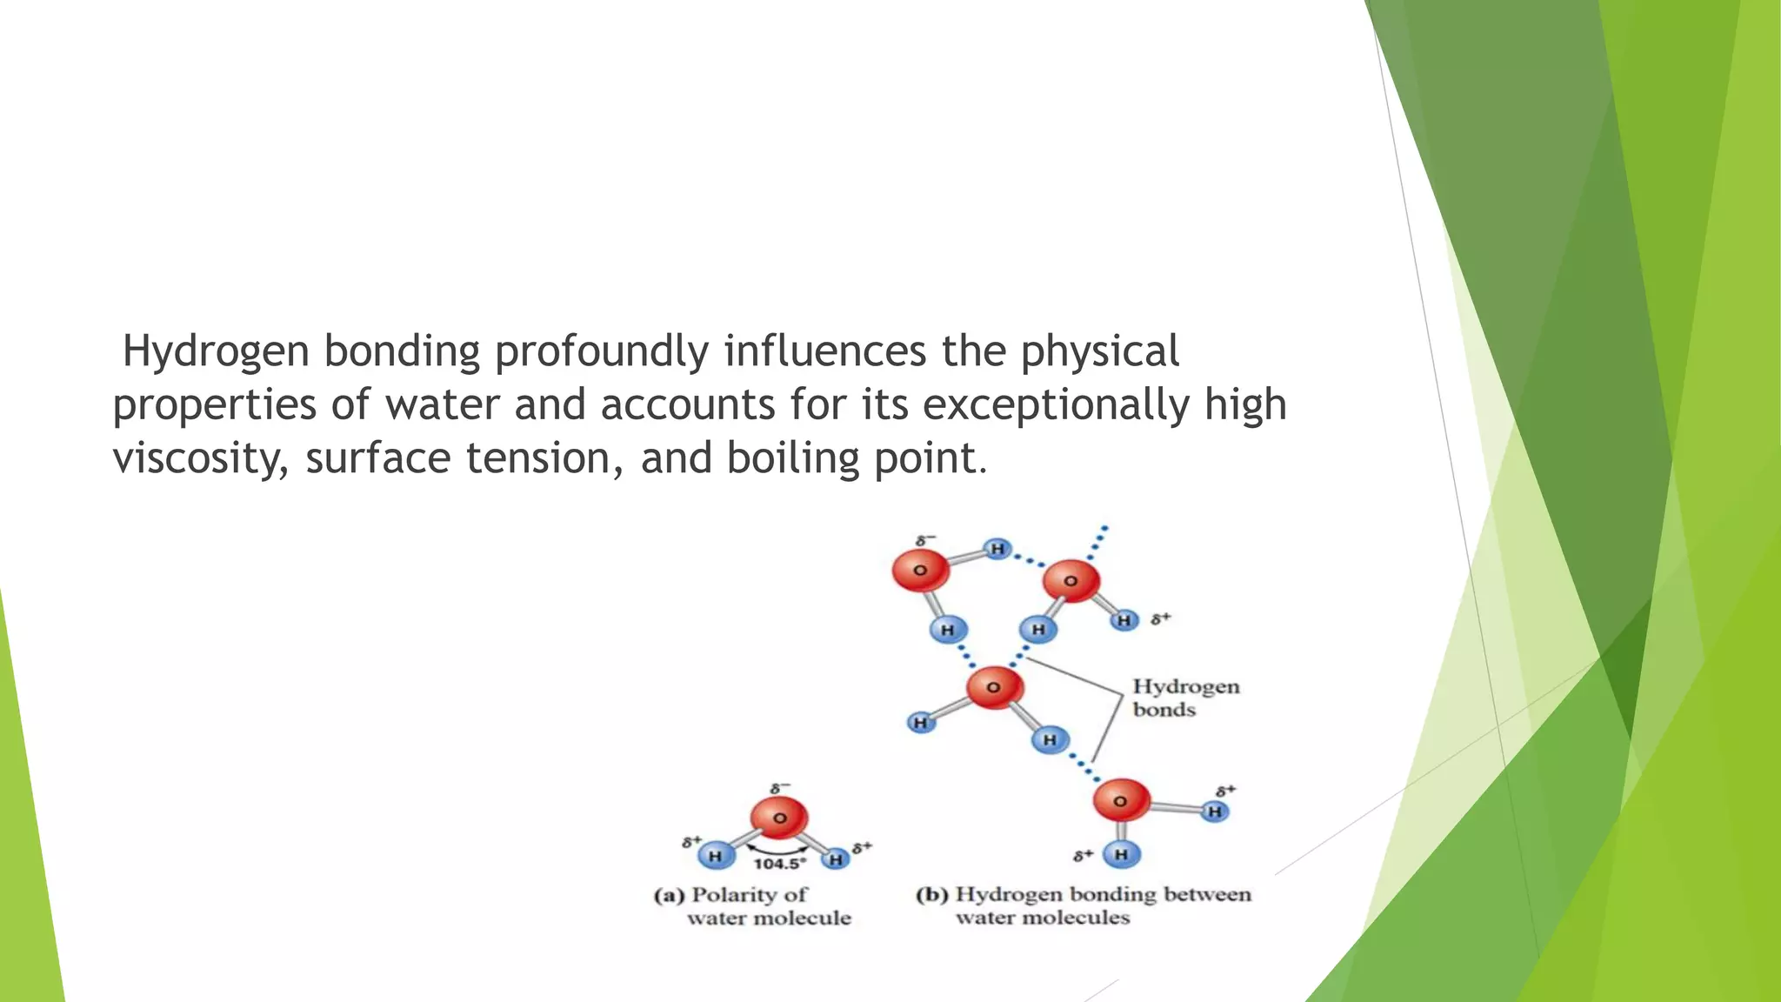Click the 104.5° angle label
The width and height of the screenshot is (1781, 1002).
tap(779, 864)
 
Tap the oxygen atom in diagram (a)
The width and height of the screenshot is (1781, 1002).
tap(779, 818)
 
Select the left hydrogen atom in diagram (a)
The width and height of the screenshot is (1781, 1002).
tap(715, 856)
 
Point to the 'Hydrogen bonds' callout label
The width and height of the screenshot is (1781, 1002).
tap(1184, 698)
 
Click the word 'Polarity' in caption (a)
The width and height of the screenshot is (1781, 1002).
tap(733, 895)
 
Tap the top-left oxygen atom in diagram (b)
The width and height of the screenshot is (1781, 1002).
tap(919, 571)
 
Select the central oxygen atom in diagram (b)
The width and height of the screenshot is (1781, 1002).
tap(993, 687)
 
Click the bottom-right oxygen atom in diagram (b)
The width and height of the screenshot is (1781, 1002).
tap(1120, 801)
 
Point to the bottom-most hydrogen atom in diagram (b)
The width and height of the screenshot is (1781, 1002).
tap(1121, 854)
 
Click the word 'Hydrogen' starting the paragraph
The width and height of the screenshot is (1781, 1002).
tap(216, 351)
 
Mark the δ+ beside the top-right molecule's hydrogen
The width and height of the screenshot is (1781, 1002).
tap(1160, 619)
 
